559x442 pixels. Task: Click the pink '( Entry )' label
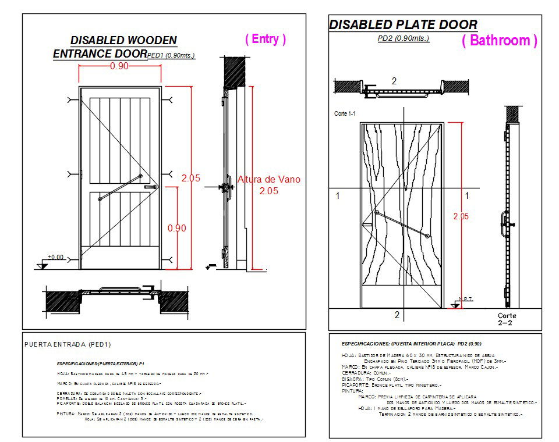266,39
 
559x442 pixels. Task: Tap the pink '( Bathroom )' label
500,41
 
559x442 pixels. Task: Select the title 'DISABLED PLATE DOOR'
403,24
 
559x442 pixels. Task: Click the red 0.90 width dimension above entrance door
119,66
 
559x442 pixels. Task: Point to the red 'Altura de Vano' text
269,180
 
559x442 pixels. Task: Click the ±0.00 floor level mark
56,257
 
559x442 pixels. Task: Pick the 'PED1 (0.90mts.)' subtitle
171,55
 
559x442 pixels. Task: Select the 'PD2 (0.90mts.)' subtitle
404,38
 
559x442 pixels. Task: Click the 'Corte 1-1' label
345,113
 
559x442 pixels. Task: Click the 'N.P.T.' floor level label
466,299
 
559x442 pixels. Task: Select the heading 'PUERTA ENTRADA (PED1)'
68,344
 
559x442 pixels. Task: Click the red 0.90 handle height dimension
177,229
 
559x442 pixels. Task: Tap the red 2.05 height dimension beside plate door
461,216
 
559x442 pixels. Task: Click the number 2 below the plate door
397,315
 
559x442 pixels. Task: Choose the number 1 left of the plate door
338,197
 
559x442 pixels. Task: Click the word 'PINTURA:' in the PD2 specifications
353,391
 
